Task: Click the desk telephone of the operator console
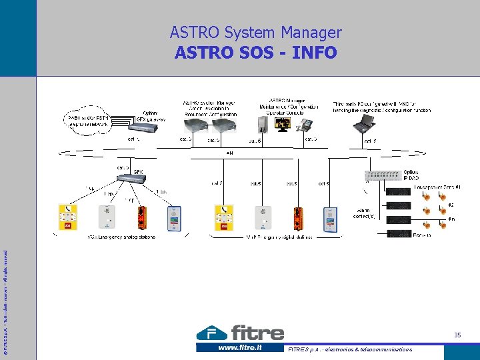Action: (x=304, y=125)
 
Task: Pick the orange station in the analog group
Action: (x=141, y=217)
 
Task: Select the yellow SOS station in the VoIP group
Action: (x=225, y=218)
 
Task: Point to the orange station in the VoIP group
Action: (x=297, y=218)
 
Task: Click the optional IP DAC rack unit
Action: (x=385, y=175)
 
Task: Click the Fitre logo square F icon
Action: (x=211, y=333)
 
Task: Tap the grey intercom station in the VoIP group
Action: (x=263, y=218)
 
